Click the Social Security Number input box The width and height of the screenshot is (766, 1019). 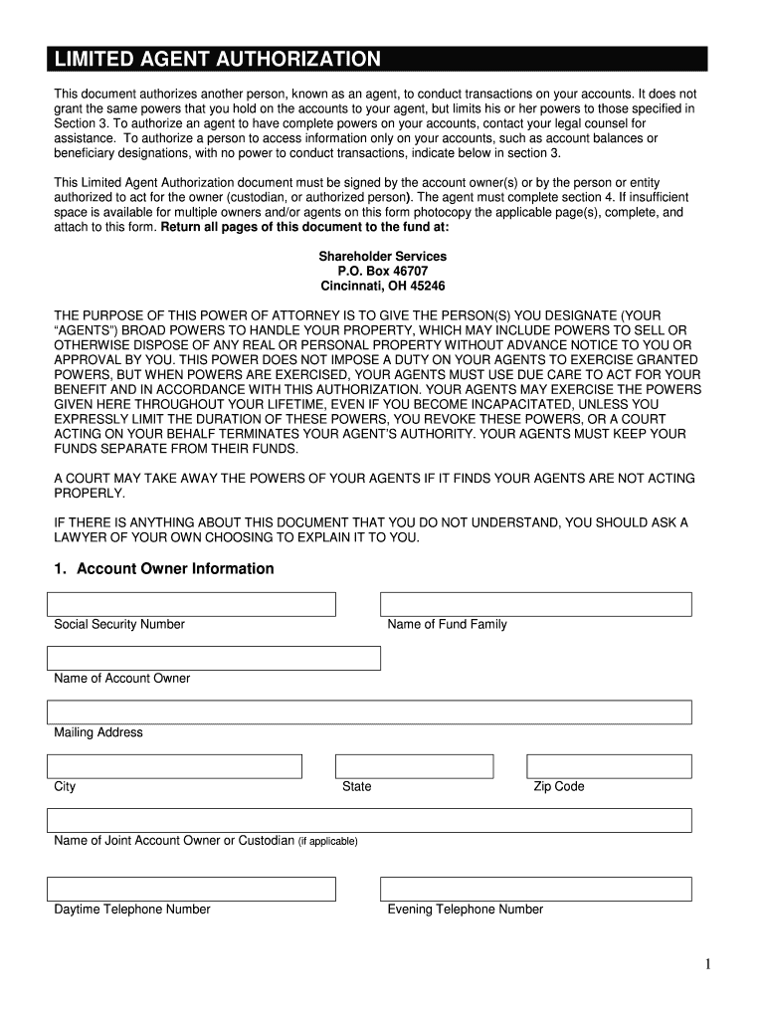(x=191, y=604)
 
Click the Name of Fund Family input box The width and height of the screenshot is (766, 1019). (x=536, y=604)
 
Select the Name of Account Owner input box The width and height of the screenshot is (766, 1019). (x=214, y=658)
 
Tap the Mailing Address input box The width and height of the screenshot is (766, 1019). (x=369, y=712)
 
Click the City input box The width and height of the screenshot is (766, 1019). (x=174, y=766)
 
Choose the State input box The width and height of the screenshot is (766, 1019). (x=414, y=766)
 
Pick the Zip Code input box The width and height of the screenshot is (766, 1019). (x=609, y=766)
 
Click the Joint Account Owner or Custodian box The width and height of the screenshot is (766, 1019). (x=369, y=820)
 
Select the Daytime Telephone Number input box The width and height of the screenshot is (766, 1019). (x=191, y=889)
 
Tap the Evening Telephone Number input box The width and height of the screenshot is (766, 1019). (x=536, y=889)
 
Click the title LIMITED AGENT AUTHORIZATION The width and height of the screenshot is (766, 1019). (x=217, y=60)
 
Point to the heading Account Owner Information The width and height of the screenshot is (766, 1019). (x=164, y=569)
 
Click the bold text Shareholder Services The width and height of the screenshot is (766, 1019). (x=382, y=257)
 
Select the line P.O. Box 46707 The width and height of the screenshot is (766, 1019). (x=382, y=271)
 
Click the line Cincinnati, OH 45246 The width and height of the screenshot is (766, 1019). (x=382, y=286)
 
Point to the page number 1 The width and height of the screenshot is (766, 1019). (x=708, y=963)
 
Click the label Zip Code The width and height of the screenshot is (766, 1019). (x=559, y=787)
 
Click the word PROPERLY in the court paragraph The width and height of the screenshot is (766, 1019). (x=90, y=494)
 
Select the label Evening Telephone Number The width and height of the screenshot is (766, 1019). (x=465, y=910)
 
